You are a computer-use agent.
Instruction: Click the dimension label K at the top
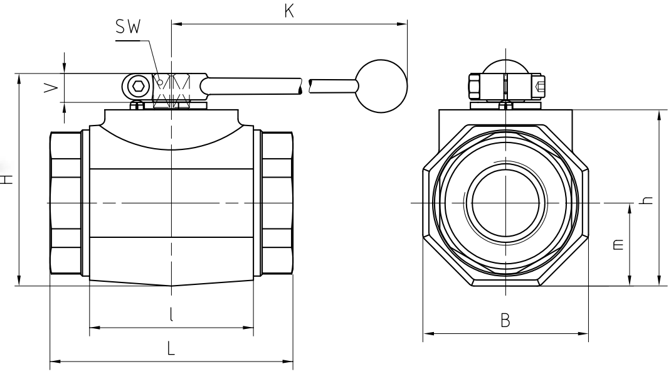click(x=289, y=11)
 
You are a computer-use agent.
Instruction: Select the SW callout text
click(x=128, y=28)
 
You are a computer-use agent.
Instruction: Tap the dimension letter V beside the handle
click(x=52, y=89)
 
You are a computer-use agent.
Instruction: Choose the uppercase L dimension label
click(x=171, y=348)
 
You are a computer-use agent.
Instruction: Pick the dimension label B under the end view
click(x=505, y=320)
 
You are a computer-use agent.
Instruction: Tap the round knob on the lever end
click(x=381, y=86)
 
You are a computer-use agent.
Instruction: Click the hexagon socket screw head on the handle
click(x=138, y=86)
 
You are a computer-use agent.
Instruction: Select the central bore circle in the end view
click(x=505, y=202)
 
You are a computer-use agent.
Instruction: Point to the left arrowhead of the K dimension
click(x=176, y=24)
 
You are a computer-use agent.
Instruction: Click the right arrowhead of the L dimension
click(x=288, y=362)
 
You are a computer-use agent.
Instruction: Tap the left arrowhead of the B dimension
click(x=428, y=333)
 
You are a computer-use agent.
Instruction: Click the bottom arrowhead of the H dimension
click(x=19, y=281)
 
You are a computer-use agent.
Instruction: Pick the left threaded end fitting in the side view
click(x=66, y=203)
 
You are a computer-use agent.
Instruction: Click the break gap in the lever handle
click(x=305, y=86)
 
